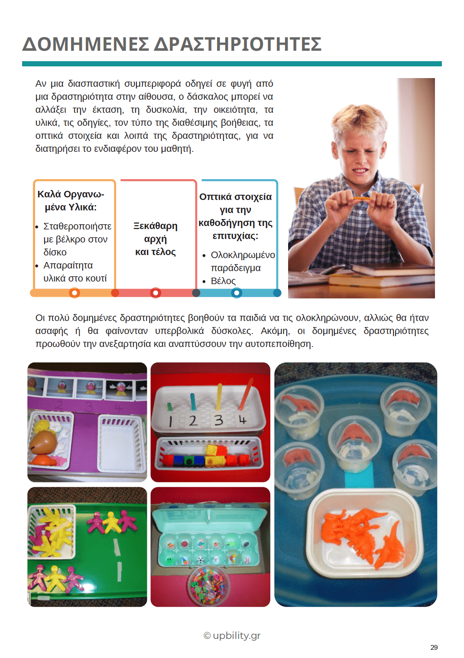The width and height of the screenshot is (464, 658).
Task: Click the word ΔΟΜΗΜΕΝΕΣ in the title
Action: coord(85,44)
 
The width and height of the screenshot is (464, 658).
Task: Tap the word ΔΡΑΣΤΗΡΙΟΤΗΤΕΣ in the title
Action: coord(238,44)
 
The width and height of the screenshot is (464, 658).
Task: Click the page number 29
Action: coord(434,647)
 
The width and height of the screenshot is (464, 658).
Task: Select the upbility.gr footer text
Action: coord(236,635)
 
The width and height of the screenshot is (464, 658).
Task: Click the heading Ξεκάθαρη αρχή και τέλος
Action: coord(156,239)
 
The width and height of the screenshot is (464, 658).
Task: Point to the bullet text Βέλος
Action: coord(223,281)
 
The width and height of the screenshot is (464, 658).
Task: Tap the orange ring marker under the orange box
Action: coord(75,293)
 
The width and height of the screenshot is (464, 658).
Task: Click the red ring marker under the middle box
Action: coord(156,293)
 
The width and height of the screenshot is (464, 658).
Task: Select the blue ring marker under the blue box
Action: coord(236,293)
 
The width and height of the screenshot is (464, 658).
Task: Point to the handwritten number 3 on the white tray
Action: coord(219,420)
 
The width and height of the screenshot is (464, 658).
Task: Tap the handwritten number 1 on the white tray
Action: coord(170,421)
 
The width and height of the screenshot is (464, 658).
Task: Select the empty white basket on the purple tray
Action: coord(121,444)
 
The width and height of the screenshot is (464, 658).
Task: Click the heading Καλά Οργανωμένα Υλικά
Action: coord(71,200)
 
